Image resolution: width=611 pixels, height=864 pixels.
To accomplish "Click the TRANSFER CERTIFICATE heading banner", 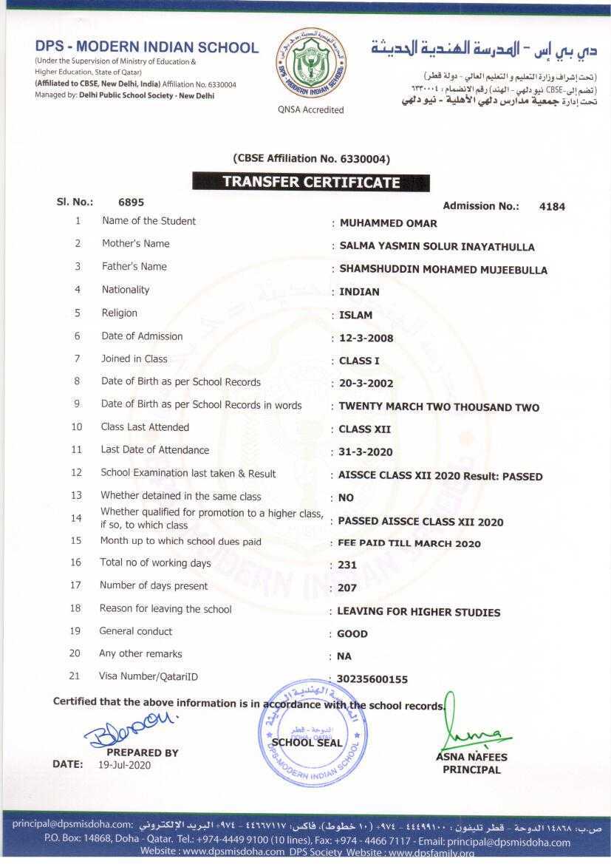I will [x=310, y=182].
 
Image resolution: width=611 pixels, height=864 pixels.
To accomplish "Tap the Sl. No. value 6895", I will [x=131, y=202].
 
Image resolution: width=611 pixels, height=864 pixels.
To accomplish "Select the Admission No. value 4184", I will [x=552, y=207].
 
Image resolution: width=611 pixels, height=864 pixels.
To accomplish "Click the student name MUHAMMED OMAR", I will [x=388, y=223].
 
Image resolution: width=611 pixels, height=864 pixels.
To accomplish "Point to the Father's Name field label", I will [x=134, y=266].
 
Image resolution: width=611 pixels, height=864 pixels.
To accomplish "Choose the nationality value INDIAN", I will [x=359, y=292].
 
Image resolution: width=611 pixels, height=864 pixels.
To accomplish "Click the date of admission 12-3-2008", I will [x=366, y=339].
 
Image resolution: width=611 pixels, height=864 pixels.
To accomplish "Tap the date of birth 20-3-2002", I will [x=366, y=384].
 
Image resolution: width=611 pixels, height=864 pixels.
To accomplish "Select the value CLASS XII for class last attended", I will [x=364, y=429].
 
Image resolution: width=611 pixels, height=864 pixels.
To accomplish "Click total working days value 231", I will [x=347, y=565].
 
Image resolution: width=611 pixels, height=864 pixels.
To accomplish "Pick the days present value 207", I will [x=347, y=588].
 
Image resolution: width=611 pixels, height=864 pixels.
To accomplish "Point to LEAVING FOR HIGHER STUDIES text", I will [x=418, y=612].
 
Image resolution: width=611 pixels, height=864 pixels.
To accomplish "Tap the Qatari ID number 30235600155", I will [x=372, y=679].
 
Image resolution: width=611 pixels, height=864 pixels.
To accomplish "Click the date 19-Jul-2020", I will [x=124, y=765].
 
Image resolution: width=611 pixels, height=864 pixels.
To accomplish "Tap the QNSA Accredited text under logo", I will [x=310, y=109].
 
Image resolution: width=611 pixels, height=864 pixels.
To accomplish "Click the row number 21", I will [x=74, y=676].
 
